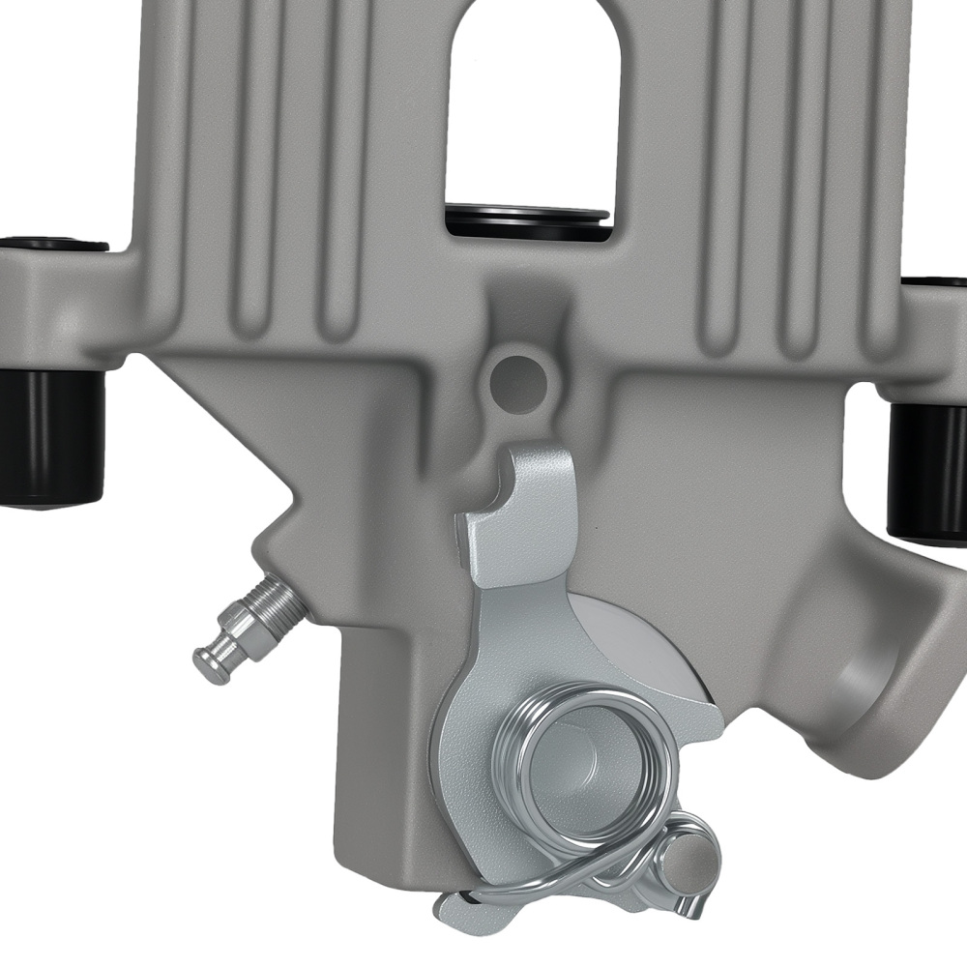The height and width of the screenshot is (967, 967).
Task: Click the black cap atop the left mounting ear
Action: pos(53,243)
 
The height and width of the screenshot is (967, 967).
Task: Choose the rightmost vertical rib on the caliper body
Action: pos(875,164)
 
